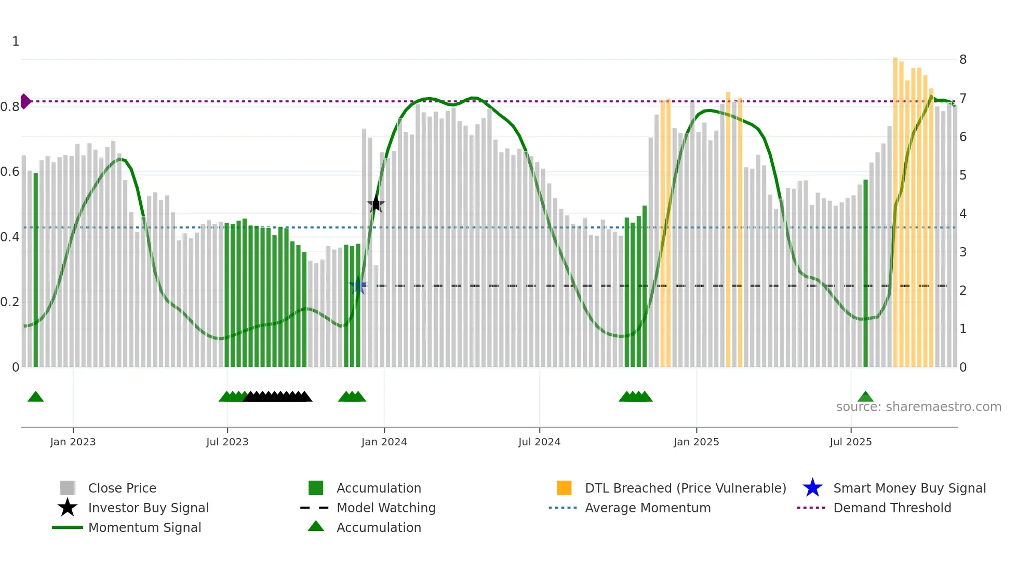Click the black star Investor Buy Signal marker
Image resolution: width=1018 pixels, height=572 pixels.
(x=376, y=204)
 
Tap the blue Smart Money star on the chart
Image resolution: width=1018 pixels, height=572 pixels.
(x=358, y=285)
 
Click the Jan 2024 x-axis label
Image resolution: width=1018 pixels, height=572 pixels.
(x=384, y=442)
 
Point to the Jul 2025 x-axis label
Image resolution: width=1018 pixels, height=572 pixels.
(x=850, y=442)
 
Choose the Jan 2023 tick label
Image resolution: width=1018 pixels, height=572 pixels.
(x=73, y=442)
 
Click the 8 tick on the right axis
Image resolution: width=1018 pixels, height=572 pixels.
(x=962, y=60)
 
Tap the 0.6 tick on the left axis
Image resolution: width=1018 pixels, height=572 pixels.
(x=9, y=172)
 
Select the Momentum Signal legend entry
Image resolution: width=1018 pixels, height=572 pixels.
(x=144, y=527)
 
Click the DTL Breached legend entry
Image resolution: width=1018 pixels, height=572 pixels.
(x=685, y=488)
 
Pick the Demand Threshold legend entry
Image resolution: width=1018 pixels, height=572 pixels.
(x=892, y=508)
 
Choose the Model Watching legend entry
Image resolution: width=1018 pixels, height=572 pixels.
(x=385, y=508)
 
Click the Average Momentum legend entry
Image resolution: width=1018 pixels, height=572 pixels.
(x=647, y=508)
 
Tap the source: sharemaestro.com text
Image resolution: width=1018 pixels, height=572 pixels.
(x=918, y=406)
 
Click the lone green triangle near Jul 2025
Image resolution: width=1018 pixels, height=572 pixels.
(x=865, y=397)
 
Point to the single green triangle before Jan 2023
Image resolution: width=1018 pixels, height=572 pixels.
(x=35, y=397)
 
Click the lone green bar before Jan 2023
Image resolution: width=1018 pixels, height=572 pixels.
(x=36, y=270)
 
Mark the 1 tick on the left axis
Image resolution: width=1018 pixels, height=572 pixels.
(x=16, y=42)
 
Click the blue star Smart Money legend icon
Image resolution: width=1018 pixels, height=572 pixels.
(x=812, y=488)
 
